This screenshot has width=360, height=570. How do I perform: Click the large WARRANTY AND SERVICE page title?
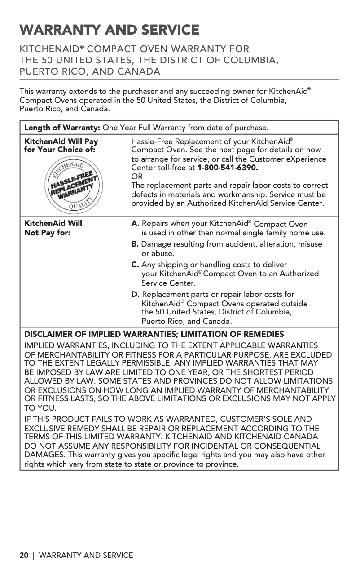tap(109, 30)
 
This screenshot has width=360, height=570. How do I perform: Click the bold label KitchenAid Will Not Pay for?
tap(53, 227)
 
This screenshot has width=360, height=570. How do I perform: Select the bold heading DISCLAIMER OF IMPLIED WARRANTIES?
tap(154, 335)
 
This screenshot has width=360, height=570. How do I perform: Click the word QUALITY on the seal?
tap(80, 205)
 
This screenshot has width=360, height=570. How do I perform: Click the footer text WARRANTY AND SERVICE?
tap(86, 556)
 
